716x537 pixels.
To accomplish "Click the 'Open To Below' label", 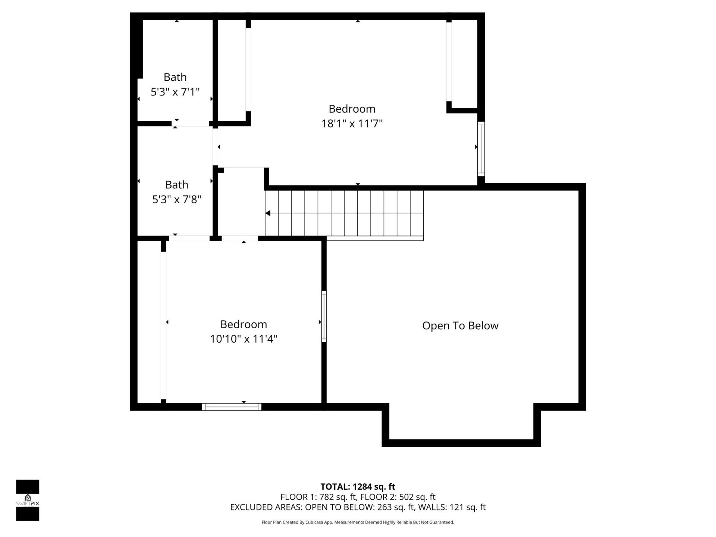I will point(460,326).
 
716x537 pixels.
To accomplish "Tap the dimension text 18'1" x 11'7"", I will point(352,123).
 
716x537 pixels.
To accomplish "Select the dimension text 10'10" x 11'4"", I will point(244,339).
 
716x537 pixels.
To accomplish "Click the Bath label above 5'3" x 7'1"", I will point(175,77).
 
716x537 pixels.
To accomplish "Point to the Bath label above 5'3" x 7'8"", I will point(176,185).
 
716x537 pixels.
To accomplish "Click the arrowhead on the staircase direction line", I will point(268,213).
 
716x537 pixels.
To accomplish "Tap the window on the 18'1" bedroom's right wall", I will point(481,149).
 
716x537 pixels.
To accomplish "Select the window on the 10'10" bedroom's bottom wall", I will point(232,407).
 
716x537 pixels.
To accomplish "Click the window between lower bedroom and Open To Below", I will point(324,317).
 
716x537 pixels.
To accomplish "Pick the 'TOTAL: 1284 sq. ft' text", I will point(358,487).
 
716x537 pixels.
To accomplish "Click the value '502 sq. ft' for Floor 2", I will point(417,497).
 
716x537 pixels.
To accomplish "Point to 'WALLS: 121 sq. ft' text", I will point(452,507).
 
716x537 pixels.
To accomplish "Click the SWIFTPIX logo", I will point(28,500).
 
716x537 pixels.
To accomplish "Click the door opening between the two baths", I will point(192,123).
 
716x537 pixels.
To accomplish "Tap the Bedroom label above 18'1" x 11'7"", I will point(352,109).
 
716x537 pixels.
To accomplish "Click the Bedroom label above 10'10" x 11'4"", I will point(244,324).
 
